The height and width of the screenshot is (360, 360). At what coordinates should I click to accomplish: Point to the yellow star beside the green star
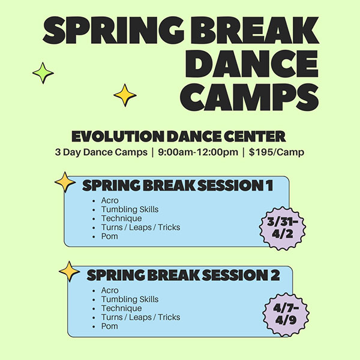tap(125, 95)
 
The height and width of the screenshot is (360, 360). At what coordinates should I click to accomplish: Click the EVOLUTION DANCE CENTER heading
tap(178, 136)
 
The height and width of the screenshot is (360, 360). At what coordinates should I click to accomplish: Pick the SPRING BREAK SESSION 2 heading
tap(183, 275)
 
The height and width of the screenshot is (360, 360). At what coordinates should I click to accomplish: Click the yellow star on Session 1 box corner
tap(64, 182)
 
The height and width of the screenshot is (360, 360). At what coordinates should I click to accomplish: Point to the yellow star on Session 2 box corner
tap(69, 271)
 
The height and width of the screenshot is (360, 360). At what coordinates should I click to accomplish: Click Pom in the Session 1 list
tap(110, 236)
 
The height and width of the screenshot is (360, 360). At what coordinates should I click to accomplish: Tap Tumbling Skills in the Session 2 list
tap(130, 299)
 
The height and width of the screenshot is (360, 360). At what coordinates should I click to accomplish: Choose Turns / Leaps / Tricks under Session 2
tap(140, 317)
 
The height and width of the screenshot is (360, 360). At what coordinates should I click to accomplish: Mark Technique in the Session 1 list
tap(121, 218)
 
